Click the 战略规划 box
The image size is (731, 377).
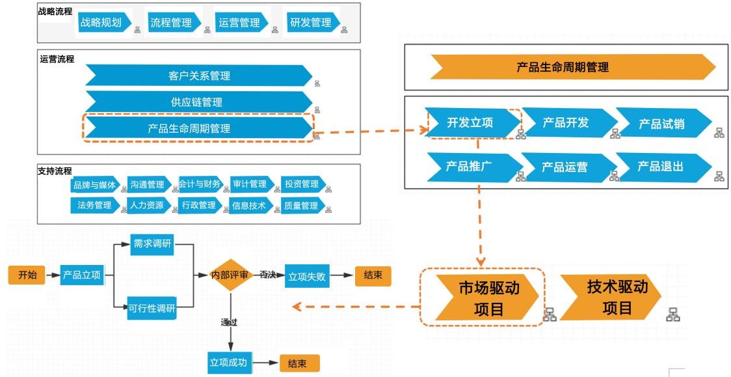(x=101, y=23)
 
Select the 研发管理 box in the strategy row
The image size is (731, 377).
(x=311, y=23)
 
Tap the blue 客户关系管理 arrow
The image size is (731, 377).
(x=198, y=76)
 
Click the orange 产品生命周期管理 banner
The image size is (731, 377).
(x=563, y=66)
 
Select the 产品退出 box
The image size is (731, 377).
(x=661, y=167)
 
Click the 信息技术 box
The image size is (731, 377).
(x=248, y=206)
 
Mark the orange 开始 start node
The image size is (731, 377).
(x=27, y=275)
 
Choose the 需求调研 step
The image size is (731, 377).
(x=152, y=244)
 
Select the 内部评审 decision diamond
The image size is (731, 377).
(x=230, y=275)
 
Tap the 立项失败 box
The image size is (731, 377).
(x=306, y=276)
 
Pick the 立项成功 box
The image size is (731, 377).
(x=228, y=363)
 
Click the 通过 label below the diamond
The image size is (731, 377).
(x=230, y=322)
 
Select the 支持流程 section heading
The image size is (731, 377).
(x=55, y=171)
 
